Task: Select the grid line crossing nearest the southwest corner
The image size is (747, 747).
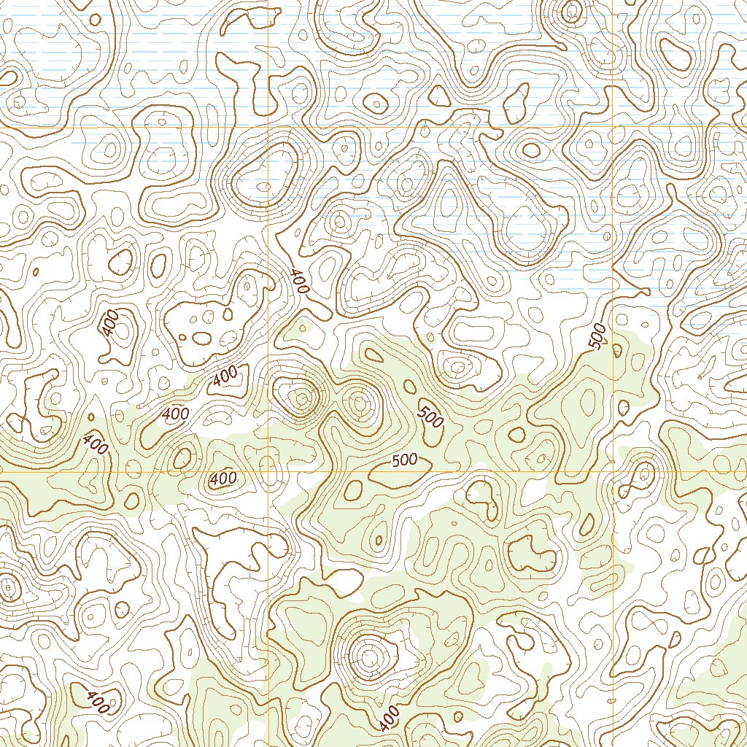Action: click(x=268, y=472)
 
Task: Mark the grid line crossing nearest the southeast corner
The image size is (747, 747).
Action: click(x=612, y=472)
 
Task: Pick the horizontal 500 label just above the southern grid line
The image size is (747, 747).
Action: click(x=404, y=460)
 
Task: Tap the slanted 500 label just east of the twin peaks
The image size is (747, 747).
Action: click(x=430, y=416)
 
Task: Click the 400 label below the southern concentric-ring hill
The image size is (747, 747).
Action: click(x=390, y=718)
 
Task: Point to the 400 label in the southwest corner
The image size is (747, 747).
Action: click(x=97, y=702)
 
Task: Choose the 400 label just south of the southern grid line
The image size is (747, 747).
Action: click(x=222, y=479)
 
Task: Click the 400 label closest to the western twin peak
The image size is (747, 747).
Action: click(x=226, y=376)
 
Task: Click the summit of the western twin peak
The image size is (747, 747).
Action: click(x=301, y=398)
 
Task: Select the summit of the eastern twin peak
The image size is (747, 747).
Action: click(x=359, y=401)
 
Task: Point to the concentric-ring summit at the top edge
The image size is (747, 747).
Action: click(x=572, y=10)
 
